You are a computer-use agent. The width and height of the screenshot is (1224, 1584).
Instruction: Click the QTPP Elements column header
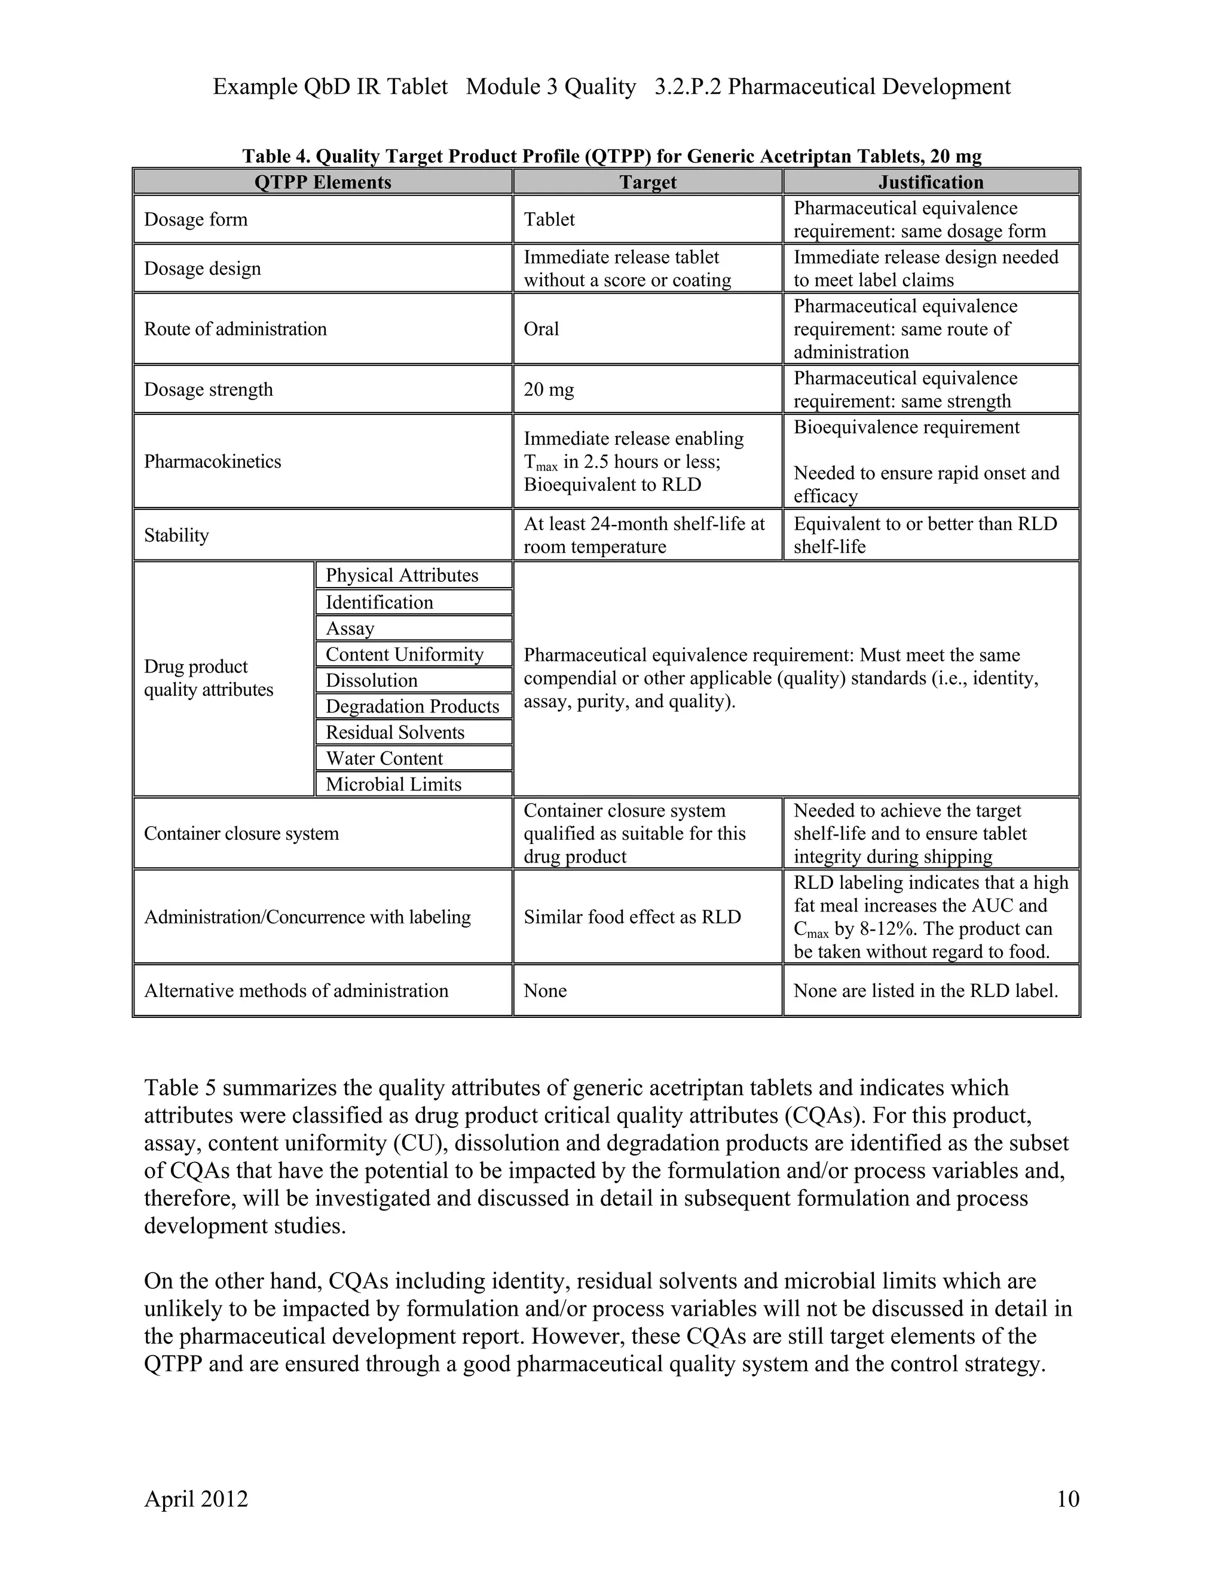pos(323,182)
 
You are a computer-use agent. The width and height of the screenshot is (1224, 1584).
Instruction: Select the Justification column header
pos(931,182)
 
